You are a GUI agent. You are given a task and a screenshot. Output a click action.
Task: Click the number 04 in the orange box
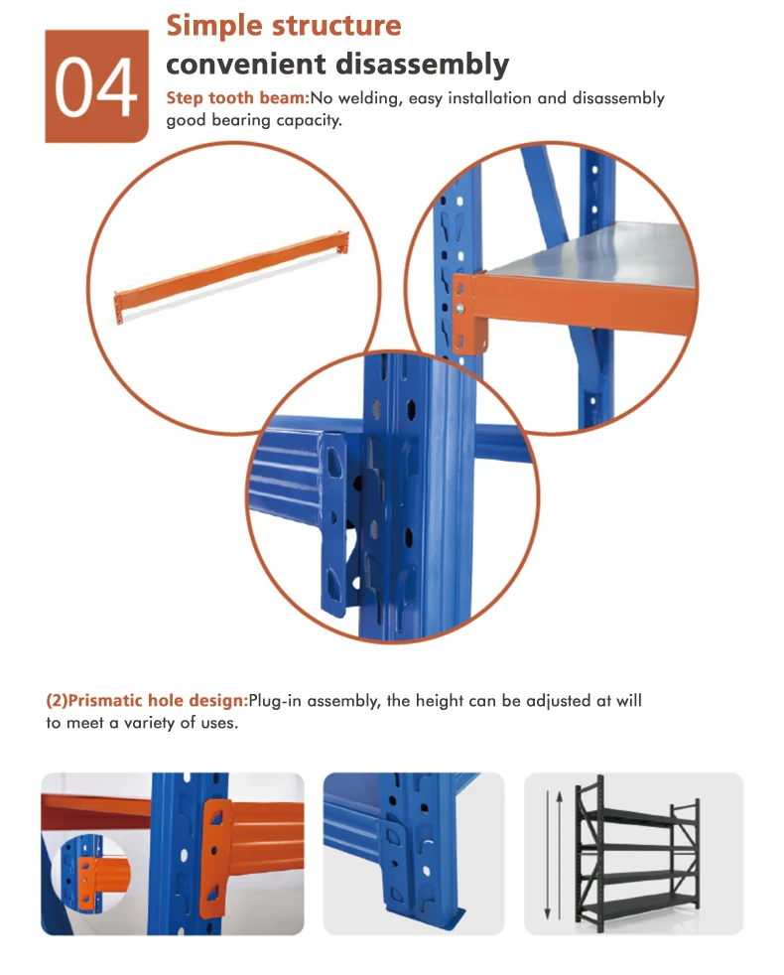click(x=96, y=87)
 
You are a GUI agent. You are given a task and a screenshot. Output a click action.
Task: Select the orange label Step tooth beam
click(x=237, y=98)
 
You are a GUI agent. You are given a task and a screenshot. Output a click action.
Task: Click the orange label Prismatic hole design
click(x=147, y=701)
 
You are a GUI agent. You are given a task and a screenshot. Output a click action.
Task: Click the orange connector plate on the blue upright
click(x=216, y=858)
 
